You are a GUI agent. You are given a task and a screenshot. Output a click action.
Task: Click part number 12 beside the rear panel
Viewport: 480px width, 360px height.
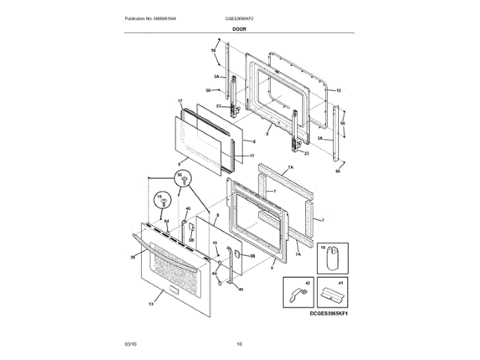pos(338,90)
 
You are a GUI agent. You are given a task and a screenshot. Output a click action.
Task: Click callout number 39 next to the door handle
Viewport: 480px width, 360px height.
pos(133,257)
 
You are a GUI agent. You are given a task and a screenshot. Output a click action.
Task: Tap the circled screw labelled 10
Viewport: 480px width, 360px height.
pos(160,201)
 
